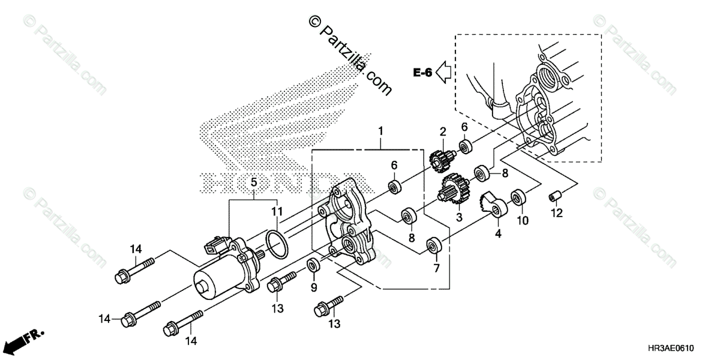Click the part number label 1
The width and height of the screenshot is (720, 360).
[380, 131]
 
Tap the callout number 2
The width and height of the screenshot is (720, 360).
[443, 131]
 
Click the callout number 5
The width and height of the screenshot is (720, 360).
[254, 181]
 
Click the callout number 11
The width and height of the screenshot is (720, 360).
[277, 211]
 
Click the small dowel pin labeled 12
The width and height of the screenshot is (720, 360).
[555, 196]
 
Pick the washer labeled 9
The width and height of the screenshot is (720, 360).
[313, 265]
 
